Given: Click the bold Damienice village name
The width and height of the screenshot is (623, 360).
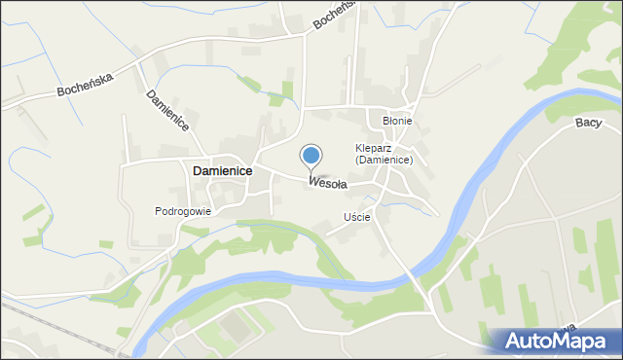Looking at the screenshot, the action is pos(222,170).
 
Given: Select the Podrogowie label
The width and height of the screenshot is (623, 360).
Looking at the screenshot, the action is pos(182,210).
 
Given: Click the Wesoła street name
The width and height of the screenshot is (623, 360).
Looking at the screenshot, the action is pos(327,182).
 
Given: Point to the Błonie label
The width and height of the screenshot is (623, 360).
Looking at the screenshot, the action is pos(397,121).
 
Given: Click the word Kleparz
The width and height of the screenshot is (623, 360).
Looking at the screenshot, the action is pos(376,149).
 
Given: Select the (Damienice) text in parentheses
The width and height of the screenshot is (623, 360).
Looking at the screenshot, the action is pos(385,161).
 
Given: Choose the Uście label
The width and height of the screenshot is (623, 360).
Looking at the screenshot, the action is pos(356,217).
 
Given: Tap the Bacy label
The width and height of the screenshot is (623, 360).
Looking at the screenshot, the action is pos(588,122).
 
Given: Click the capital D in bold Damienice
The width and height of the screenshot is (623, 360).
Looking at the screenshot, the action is pos(199,170).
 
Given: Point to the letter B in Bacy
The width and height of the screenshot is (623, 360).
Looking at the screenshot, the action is pos(579,122).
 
